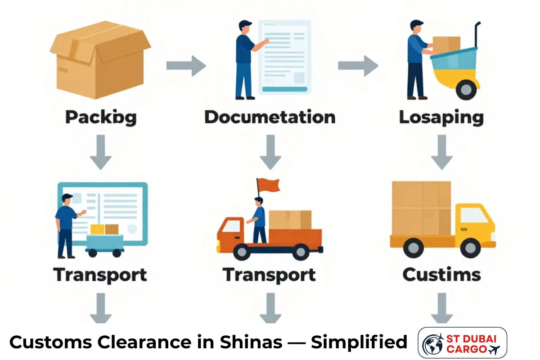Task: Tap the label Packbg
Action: coord(101,117)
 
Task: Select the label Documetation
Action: coord(270,117)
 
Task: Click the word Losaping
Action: coord(441,118)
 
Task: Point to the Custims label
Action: coord(441,274)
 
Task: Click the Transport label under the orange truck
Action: coord(269,274)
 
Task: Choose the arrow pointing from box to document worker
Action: coord(186,66)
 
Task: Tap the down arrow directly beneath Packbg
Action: coord(100,153)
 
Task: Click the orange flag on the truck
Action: coord(268,184)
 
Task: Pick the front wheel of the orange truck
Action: coord(243,251)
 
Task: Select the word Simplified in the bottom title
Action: coord(359,343)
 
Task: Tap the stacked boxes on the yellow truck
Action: coord(422,207)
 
